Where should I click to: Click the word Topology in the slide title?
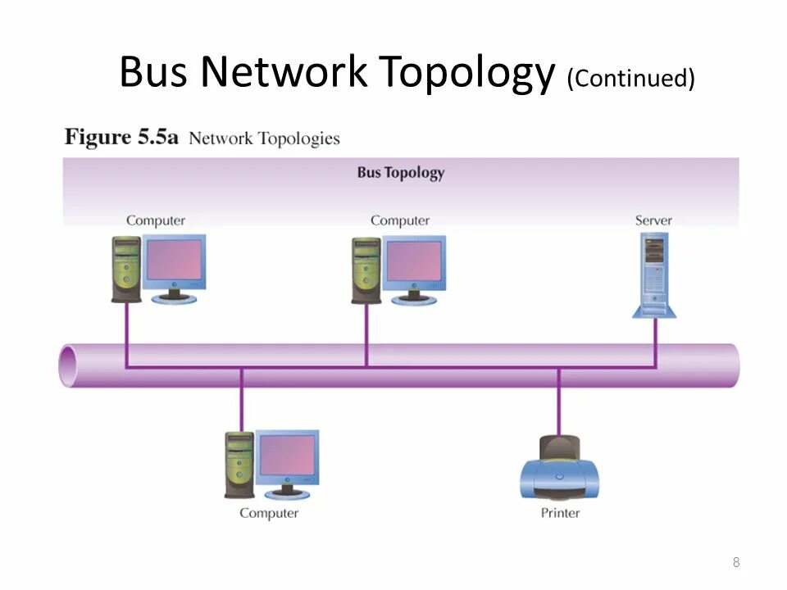(466, 74)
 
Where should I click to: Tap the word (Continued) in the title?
(630, 79)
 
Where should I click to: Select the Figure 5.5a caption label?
(121, 137)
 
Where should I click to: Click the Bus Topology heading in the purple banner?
(401, 173)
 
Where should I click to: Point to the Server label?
(653, 220)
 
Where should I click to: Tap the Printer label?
(560, 513)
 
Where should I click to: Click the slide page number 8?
(736, 562)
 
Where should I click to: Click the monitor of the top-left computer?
(174, 261)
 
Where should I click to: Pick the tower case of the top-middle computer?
(366, 270)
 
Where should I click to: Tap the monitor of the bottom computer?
(287, 456)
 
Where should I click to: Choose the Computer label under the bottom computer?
(269, 513)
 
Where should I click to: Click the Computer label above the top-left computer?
(156, 220)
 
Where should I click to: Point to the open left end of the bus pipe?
(68, 365)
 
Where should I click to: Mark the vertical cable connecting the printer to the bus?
(558, 402)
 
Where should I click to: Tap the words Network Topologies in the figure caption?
(264, 138)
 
